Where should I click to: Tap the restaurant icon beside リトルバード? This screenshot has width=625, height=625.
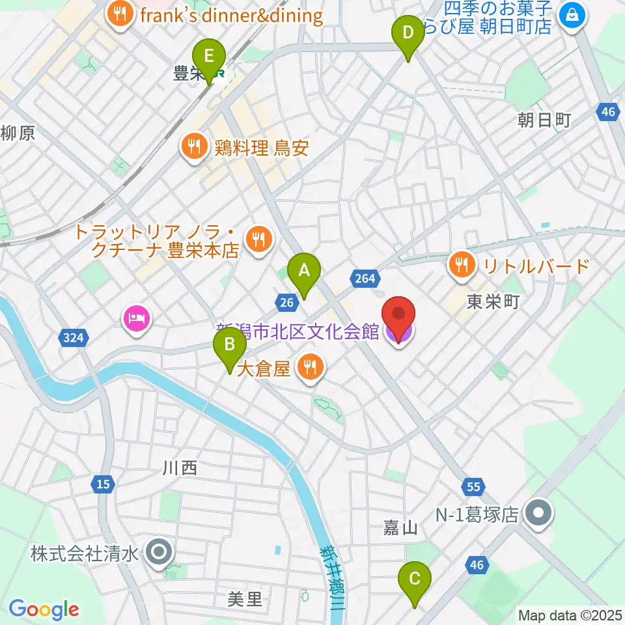coord(462,264)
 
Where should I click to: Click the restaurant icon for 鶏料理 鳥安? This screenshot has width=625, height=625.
coord(194,146)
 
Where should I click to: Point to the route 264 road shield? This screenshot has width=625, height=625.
coord(365,279)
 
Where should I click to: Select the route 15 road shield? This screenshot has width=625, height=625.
coord(102,484)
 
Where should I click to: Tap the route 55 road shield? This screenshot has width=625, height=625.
coord(474,486)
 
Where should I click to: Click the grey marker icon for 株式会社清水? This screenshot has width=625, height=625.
coord(159,554)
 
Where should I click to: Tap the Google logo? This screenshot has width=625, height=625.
coord(44,610)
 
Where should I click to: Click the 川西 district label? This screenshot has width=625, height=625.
coord(180,467)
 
